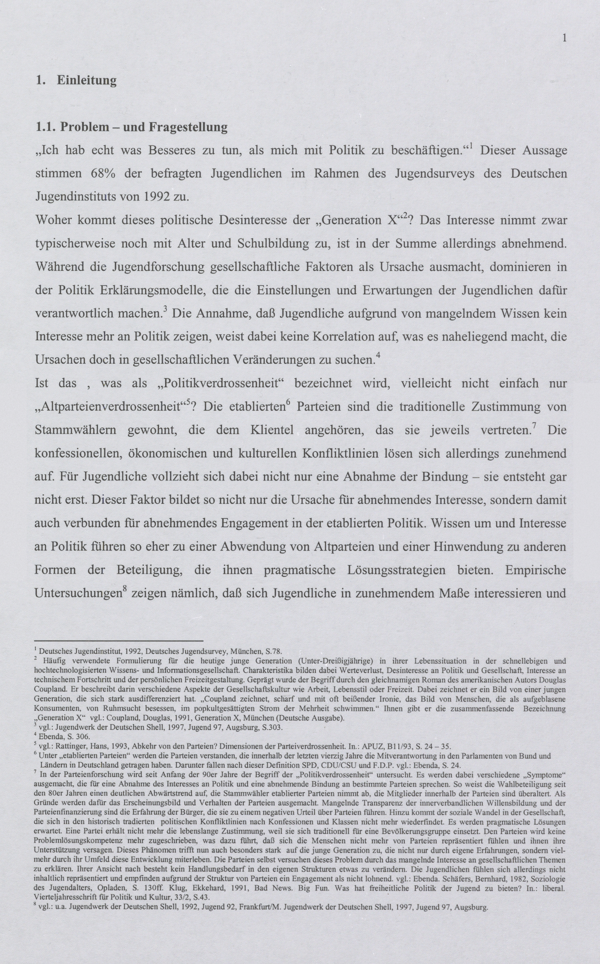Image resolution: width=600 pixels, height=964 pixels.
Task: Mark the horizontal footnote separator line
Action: point(119,641)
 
